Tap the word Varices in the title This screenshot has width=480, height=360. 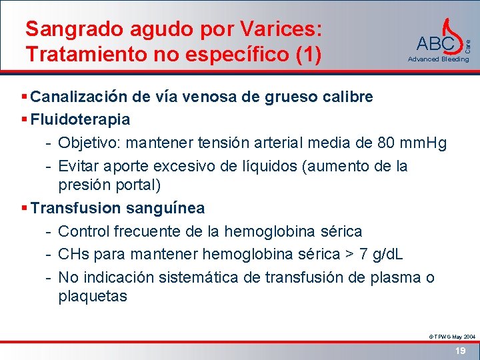[275, 29]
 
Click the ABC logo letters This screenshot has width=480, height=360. [435, 44]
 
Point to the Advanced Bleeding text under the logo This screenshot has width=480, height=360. [438, 59]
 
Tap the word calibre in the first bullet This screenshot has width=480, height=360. [347, 97]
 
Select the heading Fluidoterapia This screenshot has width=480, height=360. [80, 119]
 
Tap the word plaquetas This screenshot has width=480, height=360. [92, 296]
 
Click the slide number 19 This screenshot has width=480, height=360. [459, 350]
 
